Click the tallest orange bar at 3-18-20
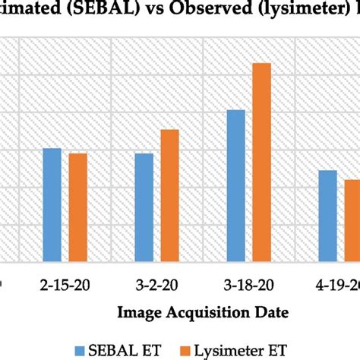(261, 161)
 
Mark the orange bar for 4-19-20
(352, 219)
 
